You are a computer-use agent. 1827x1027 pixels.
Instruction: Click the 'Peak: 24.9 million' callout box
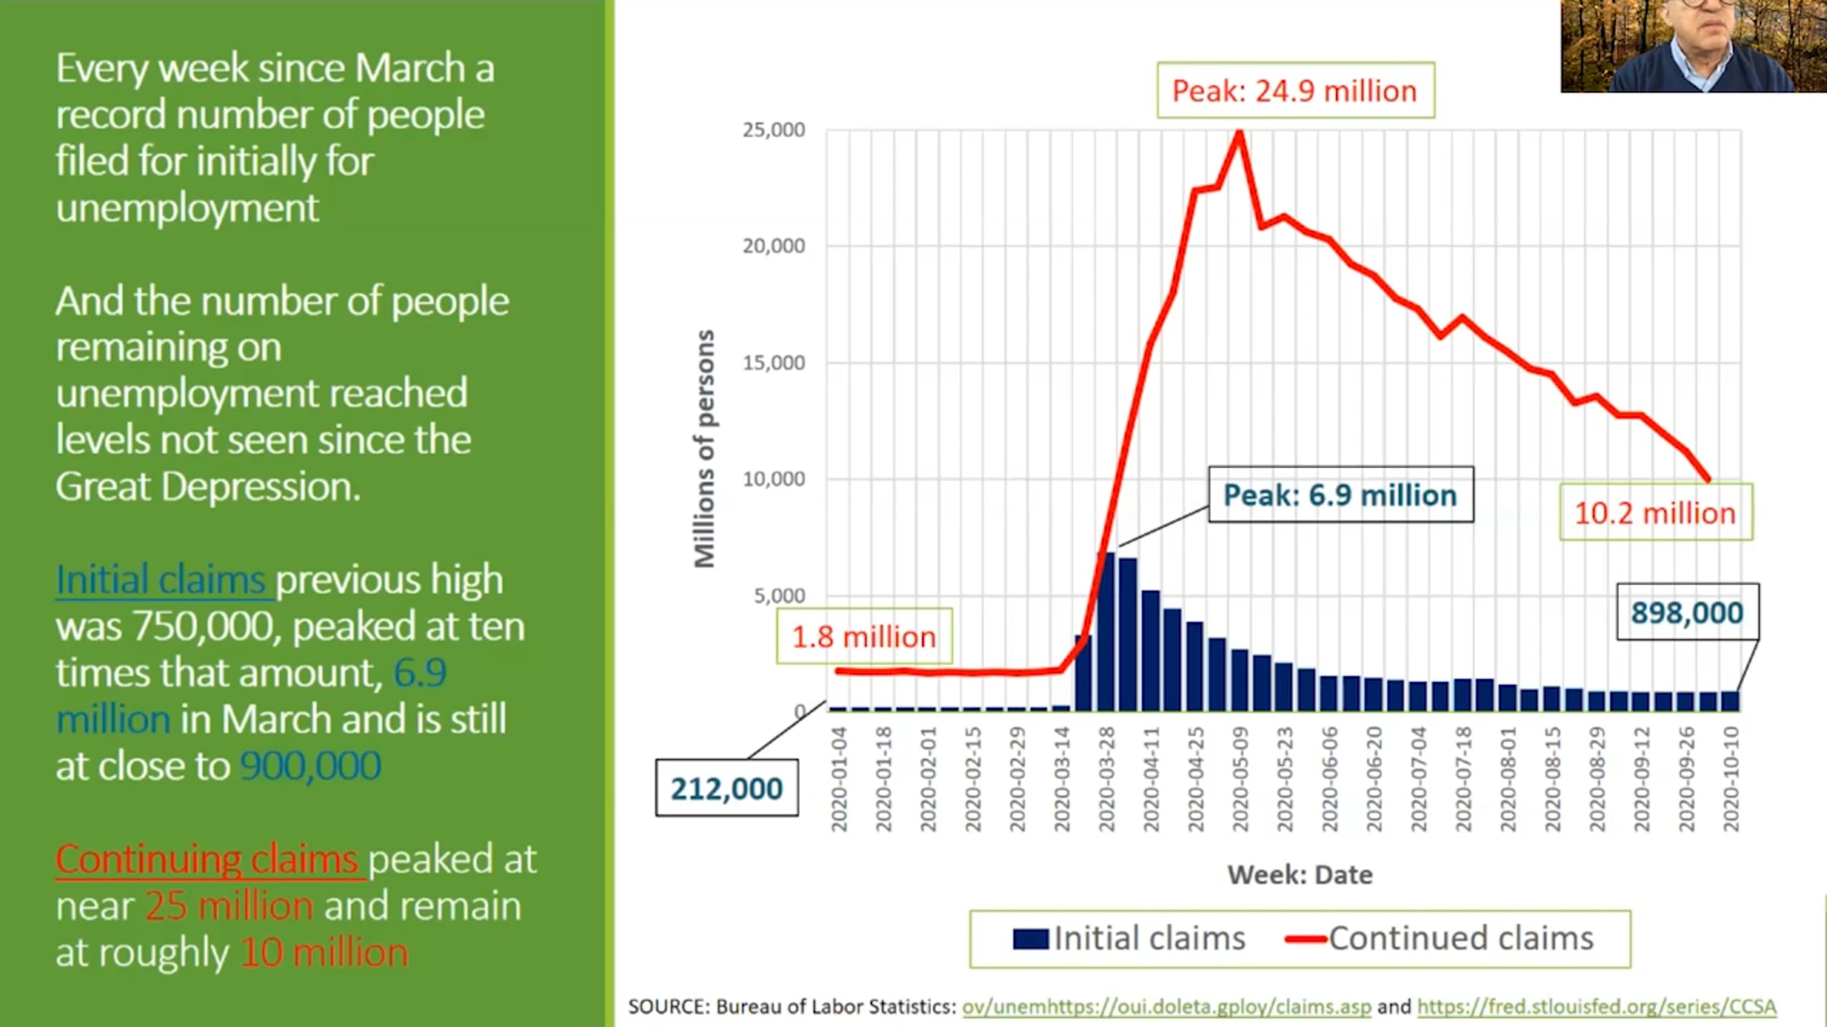pos(1296,91)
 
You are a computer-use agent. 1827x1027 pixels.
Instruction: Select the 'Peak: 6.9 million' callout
pos(1341,494)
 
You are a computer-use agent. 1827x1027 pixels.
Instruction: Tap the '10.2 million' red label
pos(1656,513)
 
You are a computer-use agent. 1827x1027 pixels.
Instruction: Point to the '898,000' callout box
pos(1688,612)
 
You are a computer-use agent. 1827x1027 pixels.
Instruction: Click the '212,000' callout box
pos(727,788)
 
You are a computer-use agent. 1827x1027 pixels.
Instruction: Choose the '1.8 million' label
pos(864,636)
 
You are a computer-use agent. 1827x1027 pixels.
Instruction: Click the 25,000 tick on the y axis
pos(773,130)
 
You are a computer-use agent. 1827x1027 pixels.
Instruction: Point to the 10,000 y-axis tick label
pos(773,479)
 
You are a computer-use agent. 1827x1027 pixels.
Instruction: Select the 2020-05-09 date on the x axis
pos(1241,779)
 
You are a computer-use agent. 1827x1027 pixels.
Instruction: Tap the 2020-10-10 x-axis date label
pos(1731,779)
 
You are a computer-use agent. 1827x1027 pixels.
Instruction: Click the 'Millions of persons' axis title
pos(705,449)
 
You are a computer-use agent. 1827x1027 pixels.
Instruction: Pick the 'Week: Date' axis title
pos(1300,875)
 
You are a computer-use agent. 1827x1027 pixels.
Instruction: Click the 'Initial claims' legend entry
pos(1129,939)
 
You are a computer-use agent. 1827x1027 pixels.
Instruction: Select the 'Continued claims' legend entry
pos(1439,939)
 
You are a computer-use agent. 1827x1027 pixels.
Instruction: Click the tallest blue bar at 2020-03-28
pos(1106,631)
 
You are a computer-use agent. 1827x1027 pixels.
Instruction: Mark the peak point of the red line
pos(1240,133)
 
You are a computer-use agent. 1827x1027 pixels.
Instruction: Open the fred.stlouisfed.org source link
pos(1596,1006)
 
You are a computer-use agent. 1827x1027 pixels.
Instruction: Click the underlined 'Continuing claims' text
pos(207,859)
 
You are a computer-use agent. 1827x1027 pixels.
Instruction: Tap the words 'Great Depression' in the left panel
pos(208,487)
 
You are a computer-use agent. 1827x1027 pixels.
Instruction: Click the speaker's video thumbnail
pos(1694,46)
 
